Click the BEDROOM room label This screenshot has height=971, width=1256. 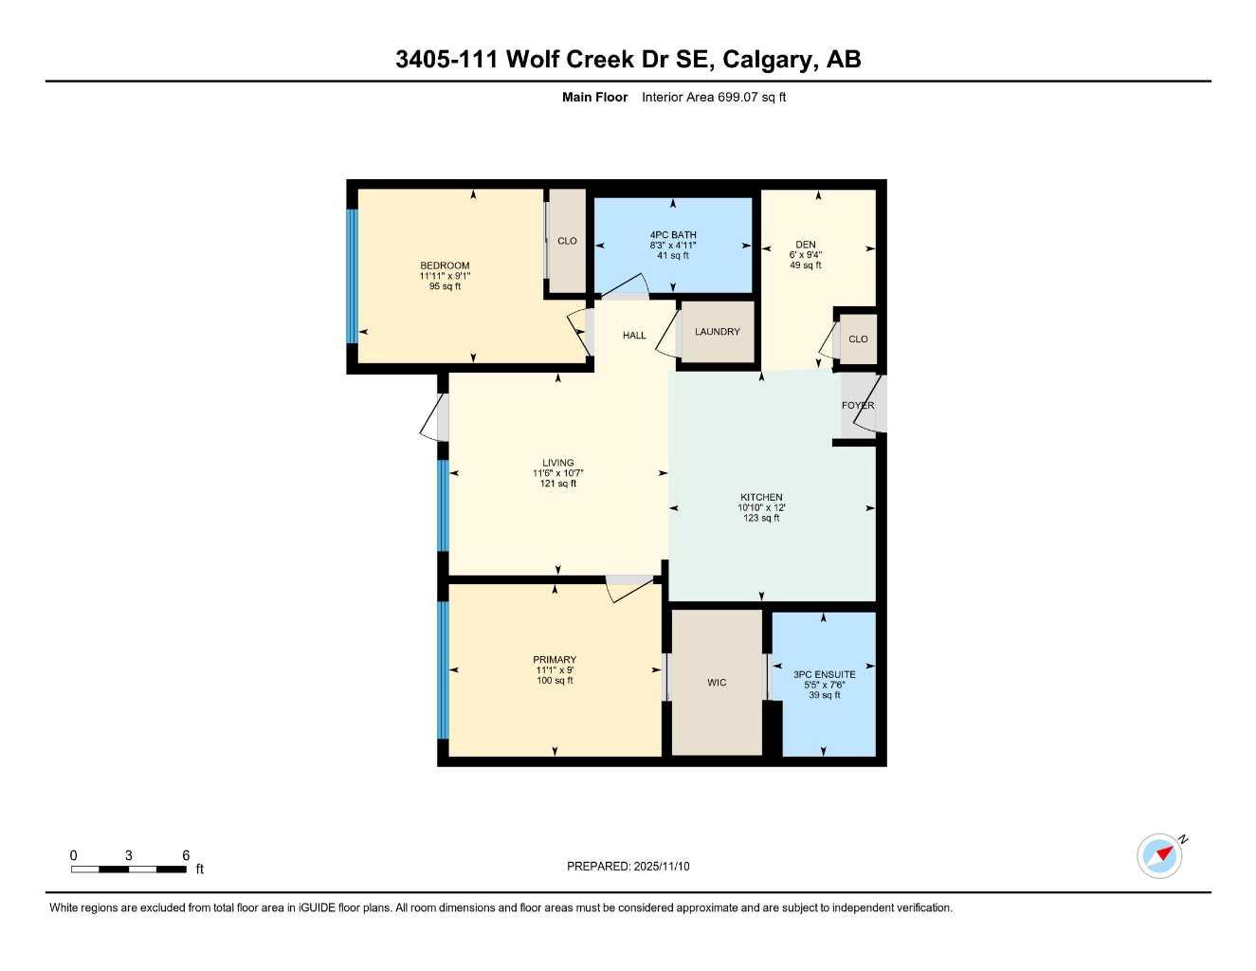[x=445, y=266]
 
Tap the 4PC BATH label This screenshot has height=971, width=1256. [x=673, y=235]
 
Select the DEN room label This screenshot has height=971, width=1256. [x=805, y=245]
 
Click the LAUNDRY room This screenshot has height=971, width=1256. [x=717, y=332]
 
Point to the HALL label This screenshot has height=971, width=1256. [x=634, y=336]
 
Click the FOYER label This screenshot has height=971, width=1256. [x=858, y=406]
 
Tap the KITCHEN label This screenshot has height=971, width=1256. [x=761, y=498]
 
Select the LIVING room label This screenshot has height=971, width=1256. [x=557, y=464]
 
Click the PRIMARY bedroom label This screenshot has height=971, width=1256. [x=555, y=660]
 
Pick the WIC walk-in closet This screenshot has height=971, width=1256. [x=717, y=683]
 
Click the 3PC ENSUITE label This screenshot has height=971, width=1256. [x=824, y=675]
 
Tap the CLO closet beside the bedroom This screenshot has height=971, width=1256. [x=567, y=241]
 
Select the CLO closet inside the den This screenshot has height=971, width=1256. [x=858, y=339]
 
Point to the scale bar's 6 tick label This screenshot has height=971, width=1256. [x=186, y=855]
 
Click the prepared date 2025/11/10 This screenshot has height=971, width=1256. [x=662, y=867]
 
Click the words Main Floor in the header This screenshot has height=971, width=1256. [x=594, y=97]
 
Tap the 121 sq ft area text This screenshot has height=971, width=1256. [x=557, y=484]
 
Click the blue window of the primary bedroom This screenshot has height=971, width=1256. [x=442, y=669]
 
